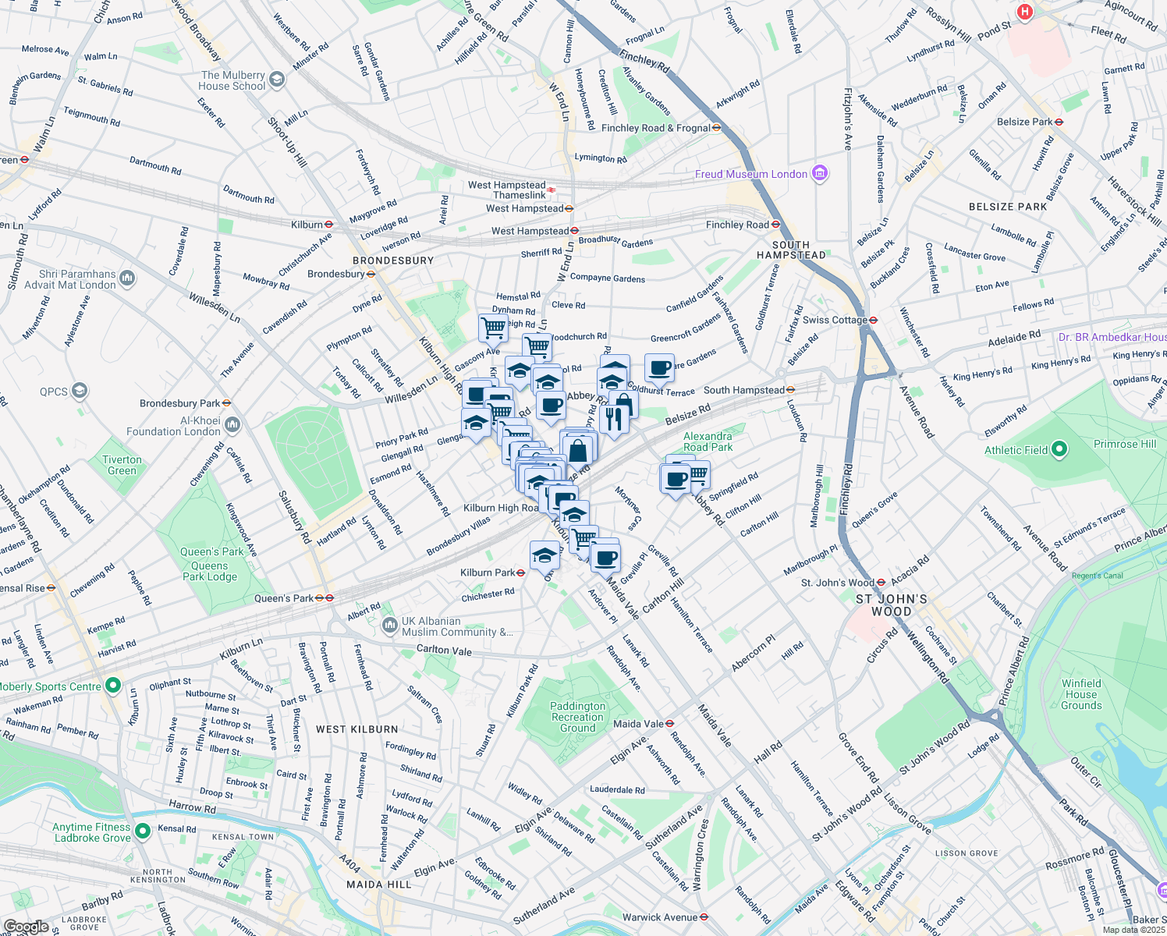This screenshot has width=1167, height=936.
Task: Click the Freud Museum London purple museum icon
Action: point(819,173)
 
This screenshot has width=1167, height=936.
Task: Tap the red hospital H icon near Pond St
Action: point(1025,12)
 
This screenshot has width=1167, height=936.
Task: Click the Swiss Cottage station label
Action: point(835,320)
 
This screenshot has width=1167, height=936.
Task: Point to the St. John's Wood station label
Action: point(839,583)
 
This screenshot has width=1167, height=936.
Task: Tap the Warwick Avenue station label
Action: point(660,917)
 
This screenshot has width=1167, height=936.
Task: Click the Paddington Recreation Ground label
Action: point(577,717)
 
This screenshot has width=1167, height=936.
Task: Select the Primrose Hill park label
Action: point(1125,444)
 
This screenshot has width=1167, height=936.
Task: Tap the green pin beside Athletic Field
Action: point(1059,449)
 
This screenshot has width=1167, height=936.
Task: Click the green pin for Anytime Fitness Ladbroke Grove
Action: point(142,831)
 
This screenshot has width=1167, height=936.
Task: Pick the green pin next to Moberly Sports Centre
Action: point(113,686)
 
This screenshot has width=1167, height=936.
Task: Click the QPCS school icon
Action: point(80,391)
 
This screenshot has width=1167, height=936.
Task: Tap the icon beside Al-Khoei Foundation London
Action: point(232,425)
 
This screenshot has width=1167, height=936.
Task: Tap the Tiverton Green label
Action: point(122,465)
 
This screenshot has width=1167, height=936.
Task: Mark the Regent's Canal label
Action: point(1097,576)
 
